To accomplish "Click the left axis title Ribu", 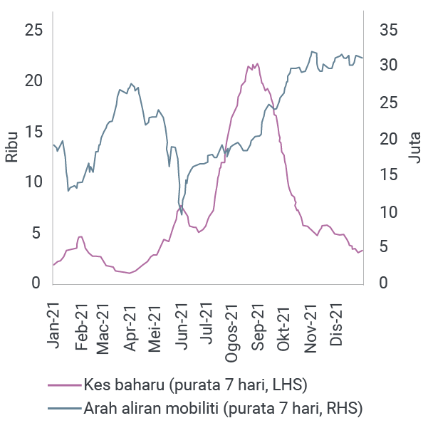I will [x=12, y=147].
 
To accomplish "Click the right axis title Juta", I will [x=415, y=148].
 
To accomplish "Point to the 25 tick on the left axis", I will [x=33, y=30].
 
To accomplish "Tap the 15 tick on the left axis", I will [x=33, y=132].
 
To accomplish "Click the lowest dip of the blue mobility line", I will [x=182, y=214].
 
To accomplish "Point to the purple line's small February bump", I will [x=80, y=236].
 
